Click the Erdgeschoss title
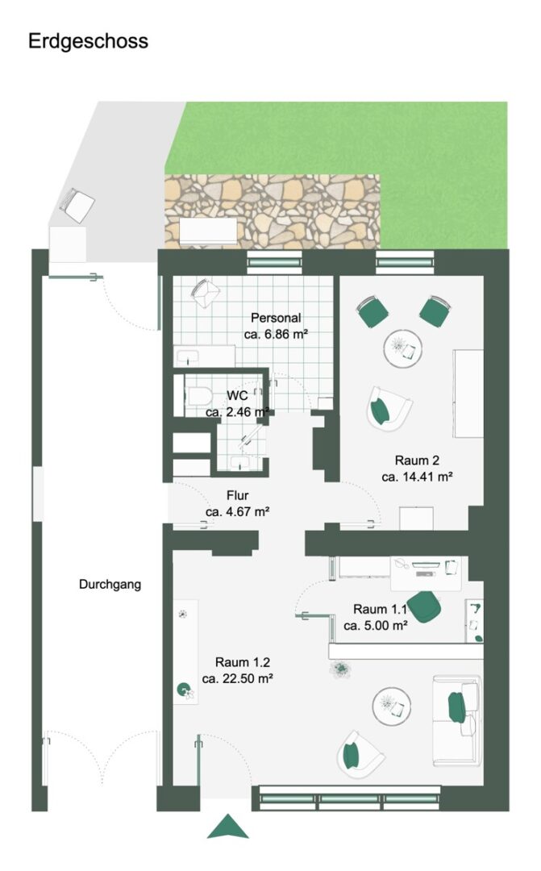coord(89,42)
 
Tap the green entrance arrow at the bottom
coord(227,826)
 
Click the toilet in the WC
coord(198,396)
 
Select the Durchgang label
coord(110,585)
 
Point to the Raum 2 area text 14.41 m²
coord(417,477)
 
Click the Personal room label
coord(276,318)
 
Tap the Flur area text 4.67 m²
coord(237,511)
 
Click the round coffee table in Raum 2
coord(402,349)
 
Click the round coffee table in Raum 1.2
coord(392,706)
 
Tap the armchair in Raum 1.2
coord(360,754)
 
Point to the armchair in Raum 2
coord(389,409)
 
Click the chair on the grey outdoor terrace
coord(77,204)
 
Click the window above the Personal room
coord(274,262)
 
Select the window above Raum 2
coord(405,262)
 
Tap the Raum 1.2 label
coord(243,662)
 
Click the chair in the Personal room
coord(206,293)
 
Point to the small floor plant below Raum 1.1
coord(340,669)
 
